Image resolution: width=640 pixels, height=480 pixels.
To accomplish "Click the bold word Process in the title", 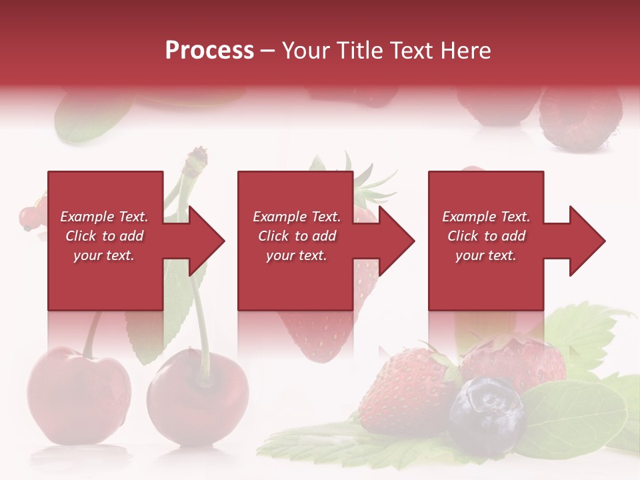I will click(x=209, y=51).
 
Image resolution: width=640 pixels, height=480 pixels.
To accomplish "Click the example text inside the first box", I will click(x=104, y=236).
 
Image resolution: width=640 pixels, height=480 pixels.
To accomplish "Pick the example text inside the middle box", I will click(x=296, y=236).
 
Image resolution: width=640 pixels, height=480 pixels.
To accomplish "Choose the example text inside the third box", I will click(x=485, y=236).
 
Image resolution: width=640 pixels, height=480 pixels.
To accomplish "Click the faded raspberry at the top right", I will click(x=580, y=120).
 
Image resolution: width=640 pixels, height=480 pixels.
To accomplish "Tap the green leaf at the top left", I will click(x=87, y=117).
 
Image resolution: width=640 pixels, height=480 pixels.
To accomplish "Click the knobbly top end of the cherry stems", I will click(x=197, y=159).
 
